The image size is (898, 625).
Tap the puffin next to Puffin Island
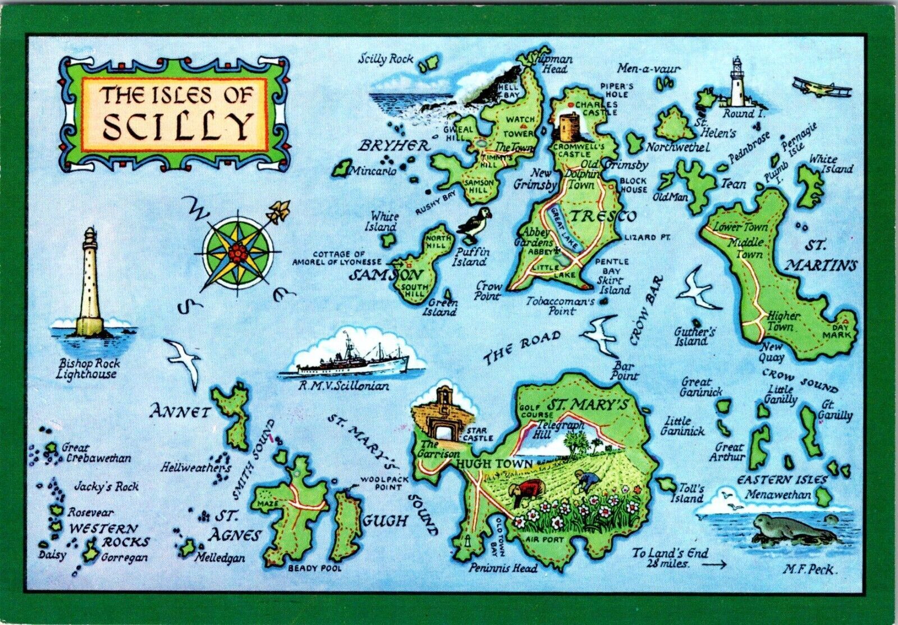coord(475,224)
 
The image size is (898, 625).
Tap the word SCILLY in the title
coord(176,127)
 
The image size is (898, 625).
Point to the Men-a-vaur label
coord(649,69)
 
